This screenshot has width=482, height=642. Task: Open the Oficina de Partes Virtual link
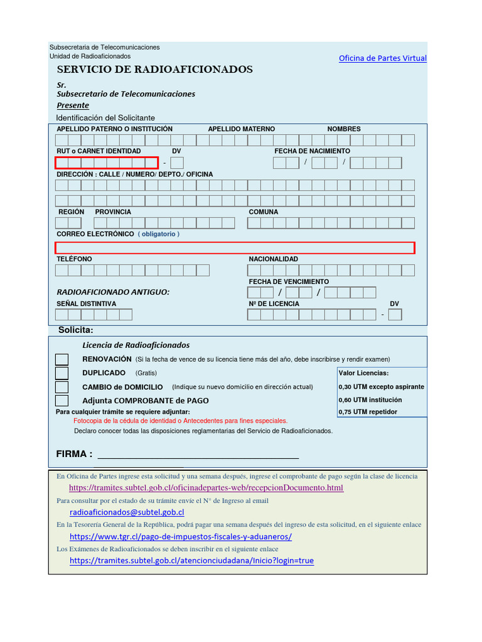[x=382, y=58]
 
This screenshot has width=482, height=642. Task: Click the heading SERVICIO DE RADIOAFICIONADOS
[x=155, y=70]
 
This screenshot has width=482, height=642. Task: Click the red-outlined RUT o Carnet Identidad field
[x=107, y=163]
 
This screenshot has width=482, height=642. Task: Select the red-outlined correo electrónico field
[x=235, y=248]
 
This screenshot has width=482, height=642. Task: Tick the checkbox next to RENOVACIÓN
[x=62, y=359]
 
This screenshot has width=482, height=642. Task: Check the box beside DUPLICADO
[x=62, y=373]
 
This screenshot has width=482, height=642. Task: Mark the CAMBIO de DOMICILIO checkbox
[x=62, y=387]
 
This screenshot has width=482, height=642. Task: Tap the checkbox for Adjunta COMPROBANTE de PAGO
[x=62, y=401]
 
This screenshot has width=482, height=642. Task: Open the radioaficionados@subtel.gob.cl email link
[x=127, y=512]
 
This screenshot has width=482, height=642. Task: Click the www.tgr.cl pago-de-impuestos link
[x=181, y=537]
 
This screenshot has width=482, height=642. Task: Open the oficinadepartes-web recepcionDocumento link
[x=206, y=488]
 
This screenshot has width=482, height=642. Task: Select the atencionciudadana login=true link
[x=191, y=560]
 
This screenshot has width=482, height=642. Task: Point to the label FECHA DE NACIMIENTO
[x=312, y=151]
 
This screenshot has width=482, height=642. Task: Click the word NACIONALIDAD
[x=274, y=259]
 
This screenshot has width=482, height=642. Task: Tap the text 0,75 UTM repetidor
[x=368, y=412]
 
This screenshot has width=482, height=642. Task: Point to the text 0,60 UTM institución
[x=370, y=399]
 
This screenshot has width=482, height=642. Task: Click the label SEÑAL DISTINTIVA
[x=87, y=303]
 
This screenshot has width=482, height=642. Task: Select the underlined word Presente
[x=73, y=105]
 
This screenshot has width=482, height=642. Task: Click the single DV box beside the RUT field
[x=177, y=163]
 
